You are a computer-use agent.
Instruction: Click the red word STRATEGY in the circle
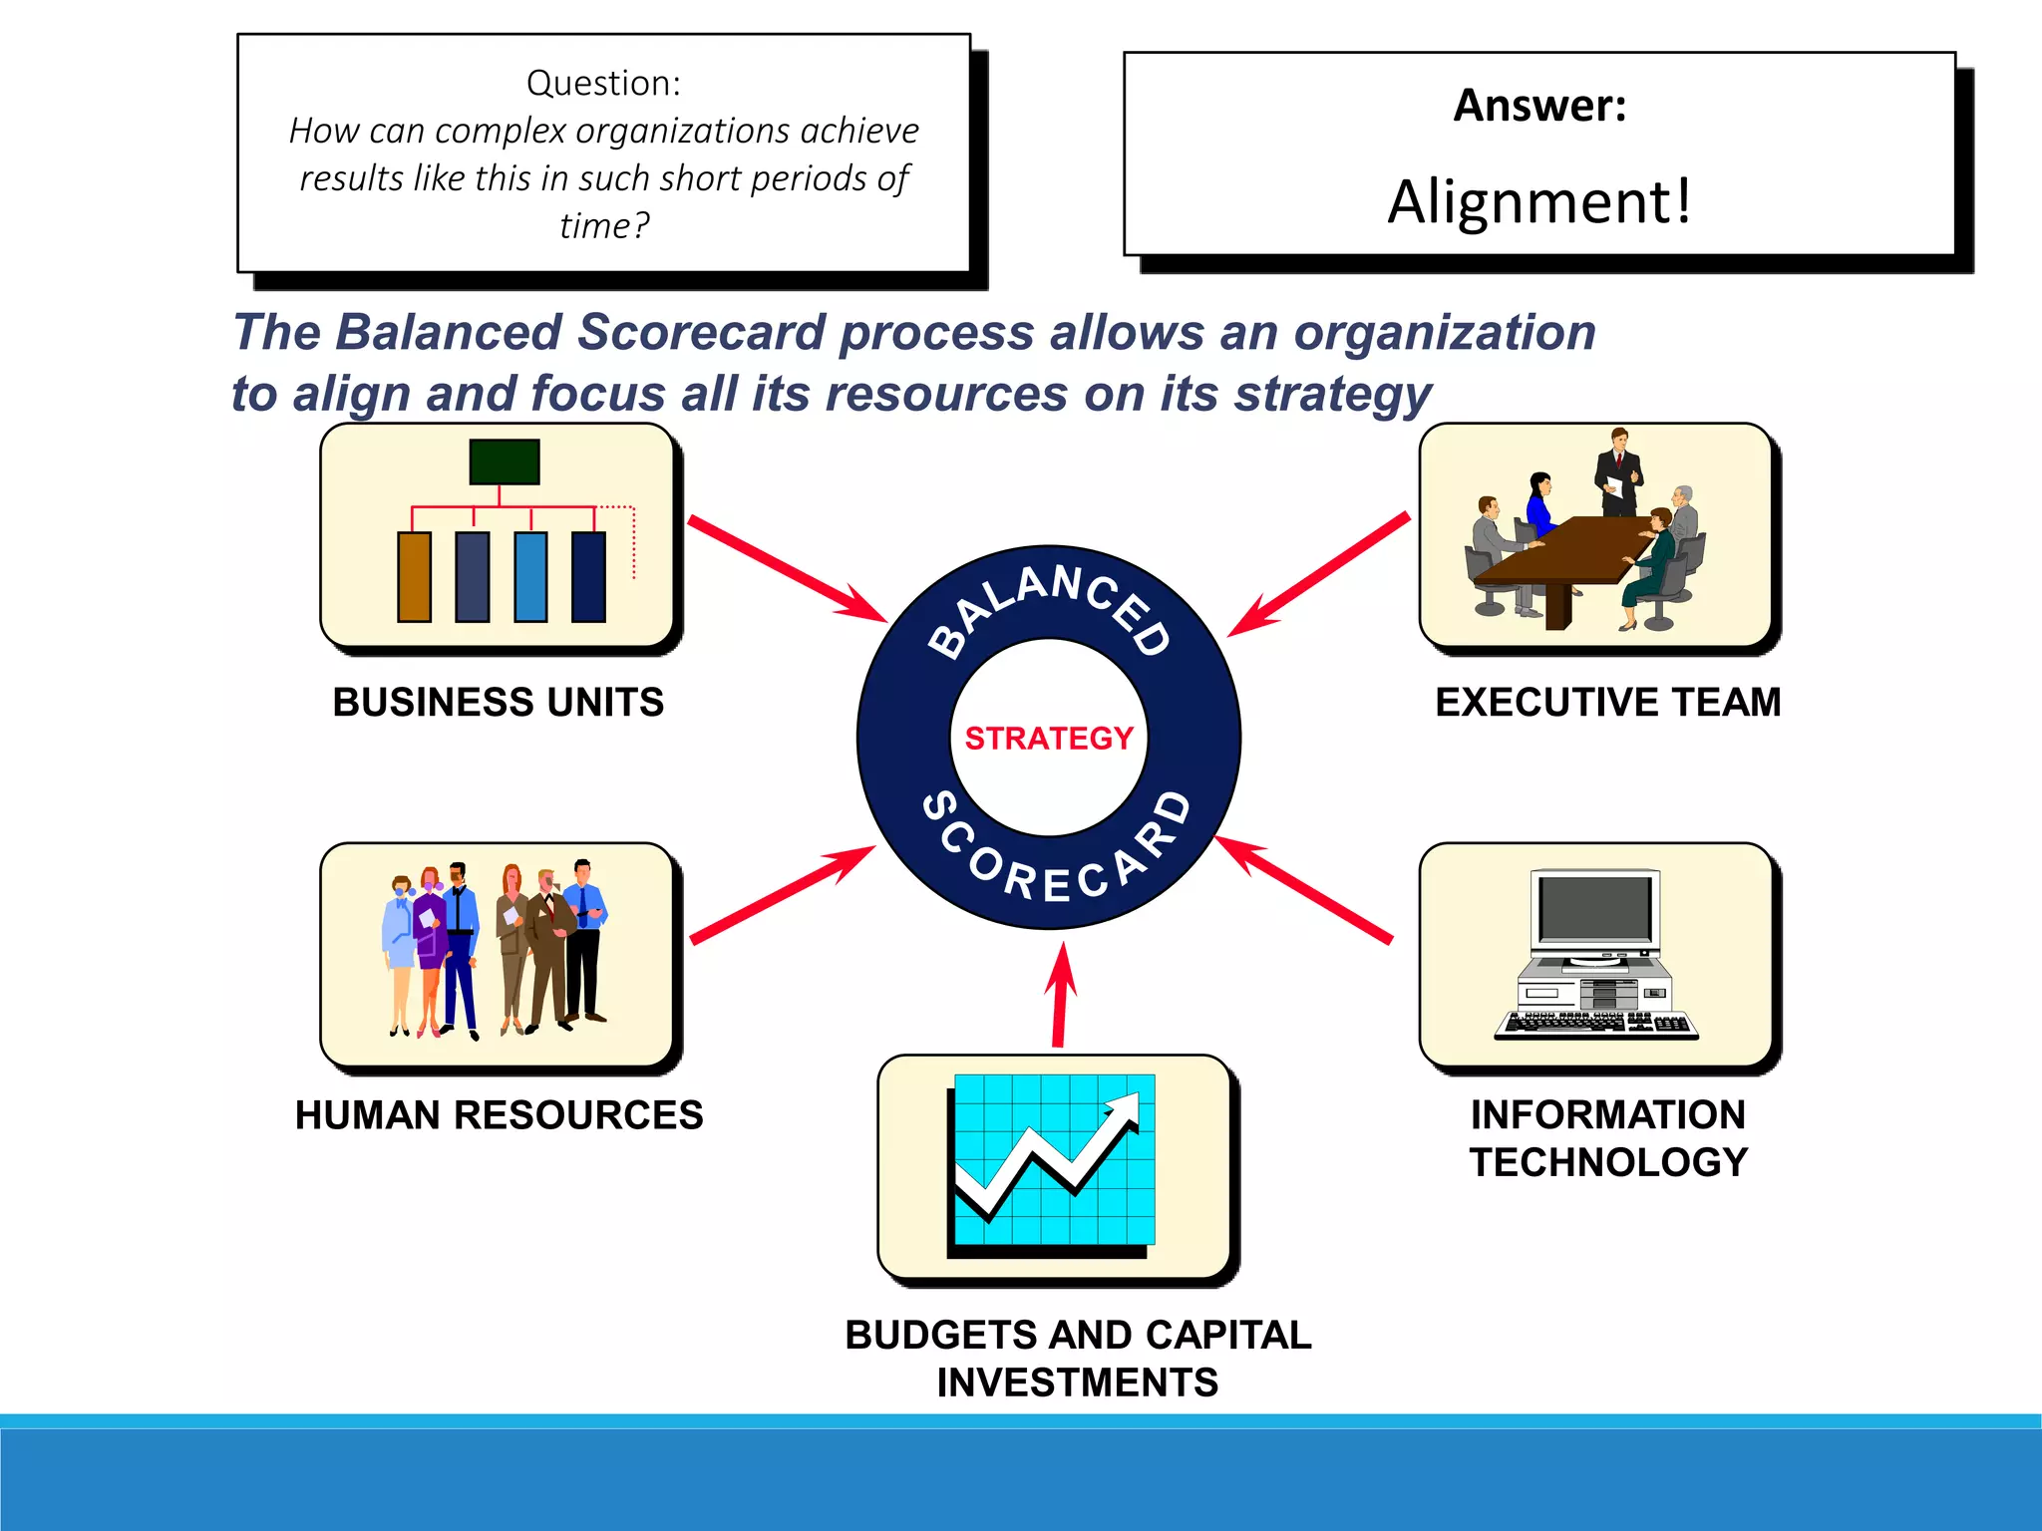tap(1049, 738)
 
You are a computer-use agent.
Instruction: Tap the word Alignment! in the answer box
tap(1539, 201)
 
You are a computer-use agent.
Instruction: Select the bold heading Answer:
tap(1539, 106)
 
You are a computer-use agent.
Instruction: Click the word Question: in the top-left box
tap(603, 83)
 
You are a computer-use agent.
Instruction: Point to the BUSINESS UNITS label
tap(499, 702)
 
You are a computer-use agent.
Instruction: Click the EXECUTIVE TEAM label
tap(1607, 702)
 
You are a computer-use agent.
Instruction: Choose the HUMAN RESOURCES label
tap(499, 1114)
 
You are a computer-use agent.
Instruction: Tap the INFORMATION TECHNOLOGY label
tap(1607, 1138)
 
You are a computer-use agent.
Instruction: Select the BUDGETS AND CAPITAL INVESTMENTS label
tap(1078, 1358)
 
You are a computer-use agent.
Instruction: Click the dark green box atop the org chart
tap(505, 461)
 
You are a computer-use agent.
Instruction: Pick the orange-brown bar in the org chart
tap(415, 577)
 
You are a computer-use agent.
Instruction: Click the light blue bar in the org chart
tap(530, 577)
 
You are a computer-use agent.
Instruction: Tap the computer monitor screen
tap(1594, 909)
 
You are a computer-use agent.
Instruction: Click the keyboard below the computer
tap(1595, 1025)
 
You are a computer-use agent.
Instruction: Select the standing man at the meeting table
tap(1618, 470)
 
